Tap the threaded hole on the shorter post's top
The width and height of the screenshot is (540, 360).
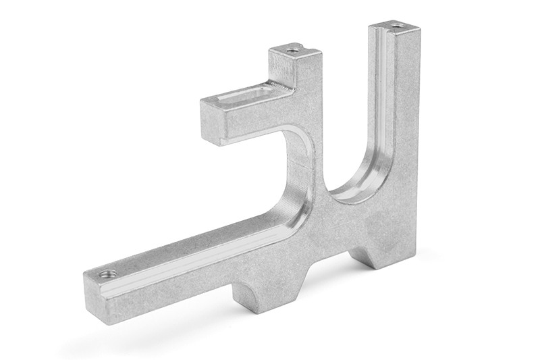tap(292, 49)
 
